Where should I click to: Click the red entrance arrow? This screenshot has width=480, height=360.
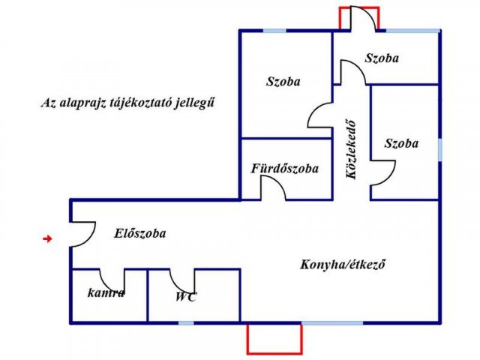[x=47, y=238]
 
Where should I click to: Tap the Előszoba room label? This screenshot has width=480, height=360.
[x=140, y=233]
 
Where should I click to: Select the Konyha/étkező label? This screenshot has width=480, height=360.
[x=342, y=264]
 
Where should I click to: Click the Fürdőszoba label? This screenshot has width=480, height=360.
[x=285, y=168]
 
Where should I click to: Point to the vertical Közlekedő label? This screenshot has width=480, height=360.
[x=351, y=150]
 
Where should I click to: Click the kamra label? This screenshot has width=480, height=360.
[x=106, y=293]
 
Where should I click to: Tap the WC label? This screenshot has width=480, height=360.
[x=186, y=297]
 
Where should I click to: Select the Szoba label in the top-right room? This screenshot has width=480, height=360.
[x=382, y=58]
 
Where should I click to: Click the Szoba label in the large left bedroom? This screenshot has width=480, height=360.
[x=283, y=82]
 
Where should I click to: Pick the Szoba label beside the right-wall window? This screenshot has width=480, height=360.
[x=401, y=143]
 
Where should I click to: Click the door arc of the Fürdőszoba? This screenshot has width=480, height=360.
[x=278, y=183]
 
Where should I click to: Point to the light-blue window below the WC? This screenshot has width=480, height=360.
[x=186, y=323]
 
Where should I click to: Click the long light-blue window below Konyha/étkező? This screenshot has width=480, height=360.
[x=332, y=323]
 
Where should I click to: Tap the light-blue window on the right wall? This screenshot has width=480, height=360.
[x=440, y=150]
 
